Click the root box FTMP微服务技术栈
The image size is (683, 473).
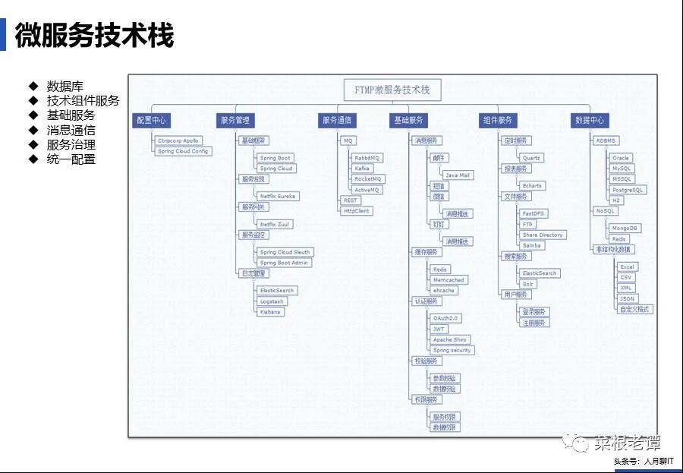point(392,90)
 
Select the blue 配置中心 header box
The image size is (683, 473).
point(151,120)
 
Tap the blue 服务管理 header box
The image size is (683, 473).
point(234,120)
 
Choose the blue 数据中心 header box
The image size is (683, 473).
point(590,120)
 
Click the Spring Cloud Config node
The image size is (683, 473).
point(183,151)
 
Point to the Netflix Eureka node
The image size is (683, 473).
point(278,196)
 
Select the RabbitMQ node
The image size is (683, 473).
point(367,157)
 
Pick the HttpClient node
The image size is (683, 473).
point(356,210)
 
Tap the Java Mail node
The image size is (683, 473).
point(457,175)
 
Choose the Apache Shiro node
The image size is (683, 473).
point(451,339)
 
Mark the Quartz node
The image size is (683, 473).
point(531,158)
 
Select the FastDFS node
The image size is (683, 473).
point(533,213)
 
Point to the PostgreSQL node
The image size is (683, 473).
point(628,190)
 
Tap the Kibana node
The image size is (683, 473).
point(271,311)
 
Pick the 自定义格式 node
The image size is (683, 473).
point(635,309)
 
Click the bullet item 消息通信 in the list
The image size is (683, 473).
point(71,130)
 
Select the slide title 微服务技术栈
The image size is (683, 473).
point(94,36)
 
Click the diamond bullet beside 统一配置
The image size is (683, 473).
point(33,159)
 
